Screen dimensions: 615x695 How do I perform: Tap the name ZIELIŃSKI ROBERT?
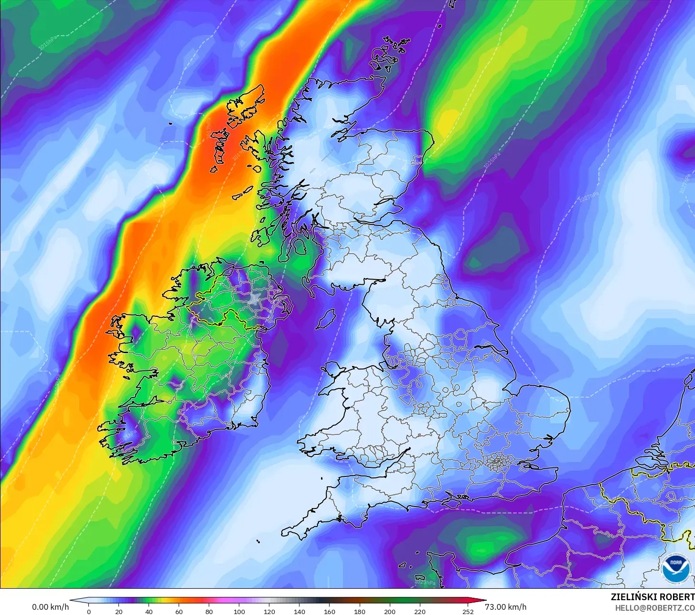pyautogui.click(x=652, y=597)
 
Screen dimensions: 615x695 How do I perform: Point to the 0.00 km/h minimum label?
pyautogui.click(x=50, y=607)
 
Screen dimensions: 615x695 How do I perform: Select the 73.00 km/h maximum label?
pyautogui.click(x=506, y=607)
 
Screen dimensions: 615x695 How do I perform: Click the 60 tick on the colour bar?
pyautogui.click(x=179, y=611)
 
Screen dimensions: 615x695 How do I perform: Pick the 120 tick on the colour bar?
pyautogui.click(x=269, y=611)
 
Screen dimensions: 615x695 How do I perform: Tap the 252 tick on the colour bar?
pyautogui.click(x=468, y=611)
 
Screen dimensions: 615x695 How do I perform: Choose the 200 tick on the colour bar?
pyautogui.click(x=390, y=611)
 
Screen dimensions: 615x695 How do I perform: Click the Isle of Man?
pyautogui.click(x=326, y=319)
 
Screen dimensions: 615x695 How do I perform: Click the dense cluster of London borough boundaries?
pyautogui.click(x=497, y=462)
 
